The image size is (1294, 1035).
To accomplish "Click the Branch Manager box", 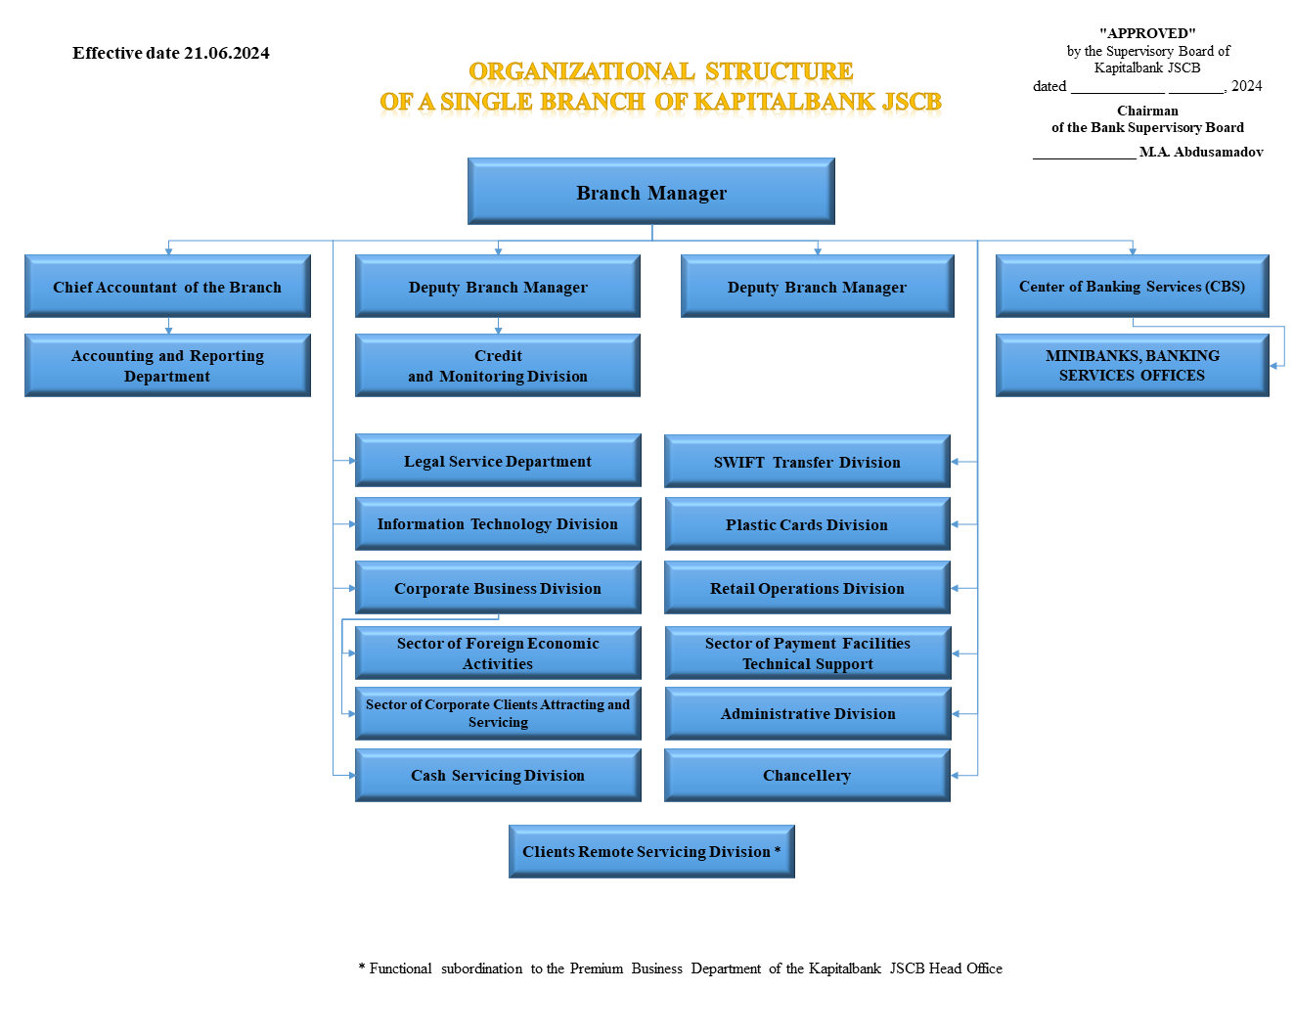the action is [651, 191].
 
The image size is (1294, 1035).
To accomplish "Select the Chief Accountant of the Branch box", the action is [168, 287].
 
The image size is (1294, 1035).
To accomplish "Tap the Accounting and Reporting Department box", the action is [168, 365].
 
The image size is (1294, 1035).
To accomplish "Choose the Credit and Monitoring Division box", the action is [498, 365].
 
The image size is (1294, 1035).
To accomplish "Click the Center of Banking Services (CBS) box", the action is [1133, 287].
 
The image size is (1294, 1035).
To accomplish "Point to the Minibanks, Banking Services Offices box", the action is [1133, 365].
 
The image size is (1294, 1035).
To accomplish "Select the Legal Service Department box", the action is [498, 461].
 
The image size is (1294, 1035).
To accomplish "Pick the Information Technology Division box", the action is [498, 523].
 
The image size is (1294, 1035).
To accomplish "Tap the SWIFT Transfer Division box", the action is [807, 462].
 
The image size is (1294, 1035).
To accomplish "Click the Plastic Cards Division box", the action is [807, 523].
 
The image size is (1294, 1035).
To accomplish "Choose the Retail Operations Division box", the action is [807, 588].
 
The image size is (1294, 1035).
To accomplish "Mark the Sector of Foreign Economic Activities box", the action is [498, 653].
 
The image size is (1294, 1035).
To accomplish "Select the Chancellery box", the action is [807, 775].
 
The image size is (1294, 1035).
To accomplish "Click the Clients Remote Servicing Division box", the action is [651, 851].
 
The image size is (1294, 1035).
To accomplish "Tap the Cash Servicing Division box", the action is [498, 775].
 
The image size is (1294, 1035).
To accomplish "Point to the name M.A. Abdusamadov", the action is [1201, 152].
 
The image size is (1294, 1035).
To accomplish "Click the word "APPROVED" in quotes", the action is [1147, 33].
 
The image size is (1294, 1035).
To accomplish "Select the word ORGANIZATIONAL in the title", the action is [581, 71].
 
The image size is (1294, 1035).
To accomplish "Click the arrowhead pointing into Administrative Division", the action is [956, 714].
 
